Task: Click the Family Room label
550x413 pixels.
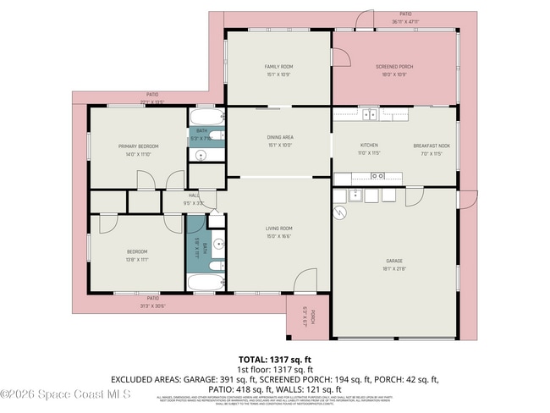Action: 278,66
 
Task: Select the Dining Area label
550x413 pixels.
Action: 280,136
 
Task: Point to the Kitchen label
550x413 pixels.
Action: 369,145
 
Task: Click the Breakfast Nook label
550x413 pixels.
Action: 432,145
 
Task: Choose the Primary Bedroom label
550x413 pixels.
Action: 138,146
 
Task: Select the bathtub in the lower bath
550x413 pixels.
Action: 205,283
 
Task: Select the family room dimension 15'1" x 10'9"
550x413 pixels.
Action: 278,74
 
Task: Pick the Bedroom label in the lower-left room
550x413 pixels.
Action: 137,251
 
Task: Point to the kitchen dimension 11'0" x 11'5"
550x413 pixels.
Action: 369,152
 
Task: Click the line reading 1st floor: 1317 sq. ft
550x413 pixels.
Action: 275,368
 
